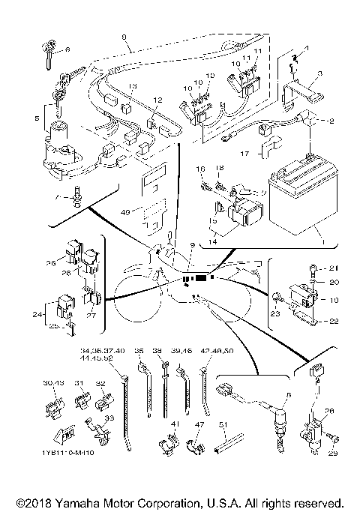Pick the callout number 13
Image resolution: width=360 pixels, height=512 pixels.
click(x=132, y=88)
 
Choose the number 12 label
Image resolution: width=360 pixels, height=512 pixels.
click(x=158, y=100)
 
